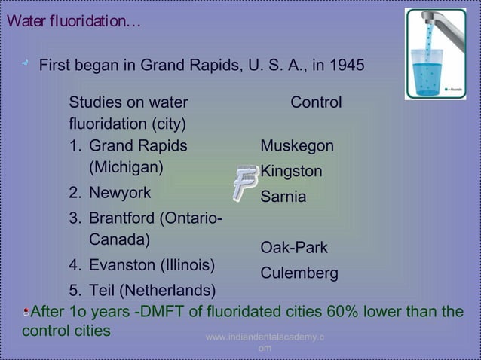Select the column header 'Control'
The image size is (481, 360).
(x=316, y=102)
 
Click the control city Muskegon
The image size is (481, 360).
(x=297, y=145)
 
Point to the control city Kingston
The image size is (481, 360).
(x=291, y=172)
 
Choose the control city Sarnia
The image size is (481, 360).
(x=283, y=197)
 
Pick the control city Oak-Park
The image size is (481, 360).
(x=294, y=248)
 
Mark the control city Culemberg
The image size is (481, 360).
(x=299, y=273)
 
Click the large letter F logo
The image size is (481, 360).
(x=244, y=182)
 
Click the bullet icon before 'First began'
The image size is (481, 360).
(x=25, y=66)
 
